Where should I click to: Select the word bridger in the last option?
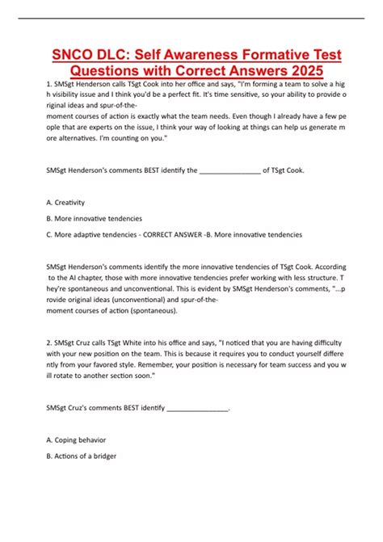105,456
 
